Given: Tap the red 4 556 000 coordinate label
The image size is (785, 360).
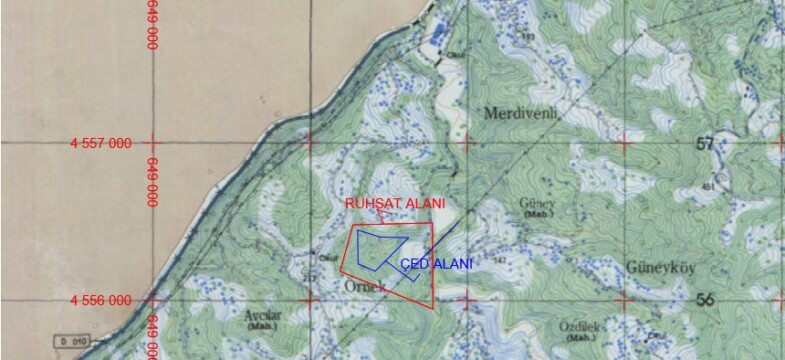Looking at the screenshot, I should (x=101, y=300).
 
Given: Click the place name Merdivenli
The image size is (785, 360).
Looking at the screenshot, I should (x=520, y=113).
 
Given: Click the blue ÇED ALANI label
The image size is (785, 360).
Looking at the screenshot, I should (x=437, y=263).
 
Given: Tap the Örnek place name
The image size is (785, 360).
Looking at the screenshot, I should (x=336, y=285).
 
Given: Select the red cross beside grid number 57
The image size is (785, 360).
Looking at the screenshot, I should (x=623, y=142).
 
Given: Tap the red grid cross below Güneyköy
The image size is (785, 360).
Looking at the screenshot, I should (x=623, y=299).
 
